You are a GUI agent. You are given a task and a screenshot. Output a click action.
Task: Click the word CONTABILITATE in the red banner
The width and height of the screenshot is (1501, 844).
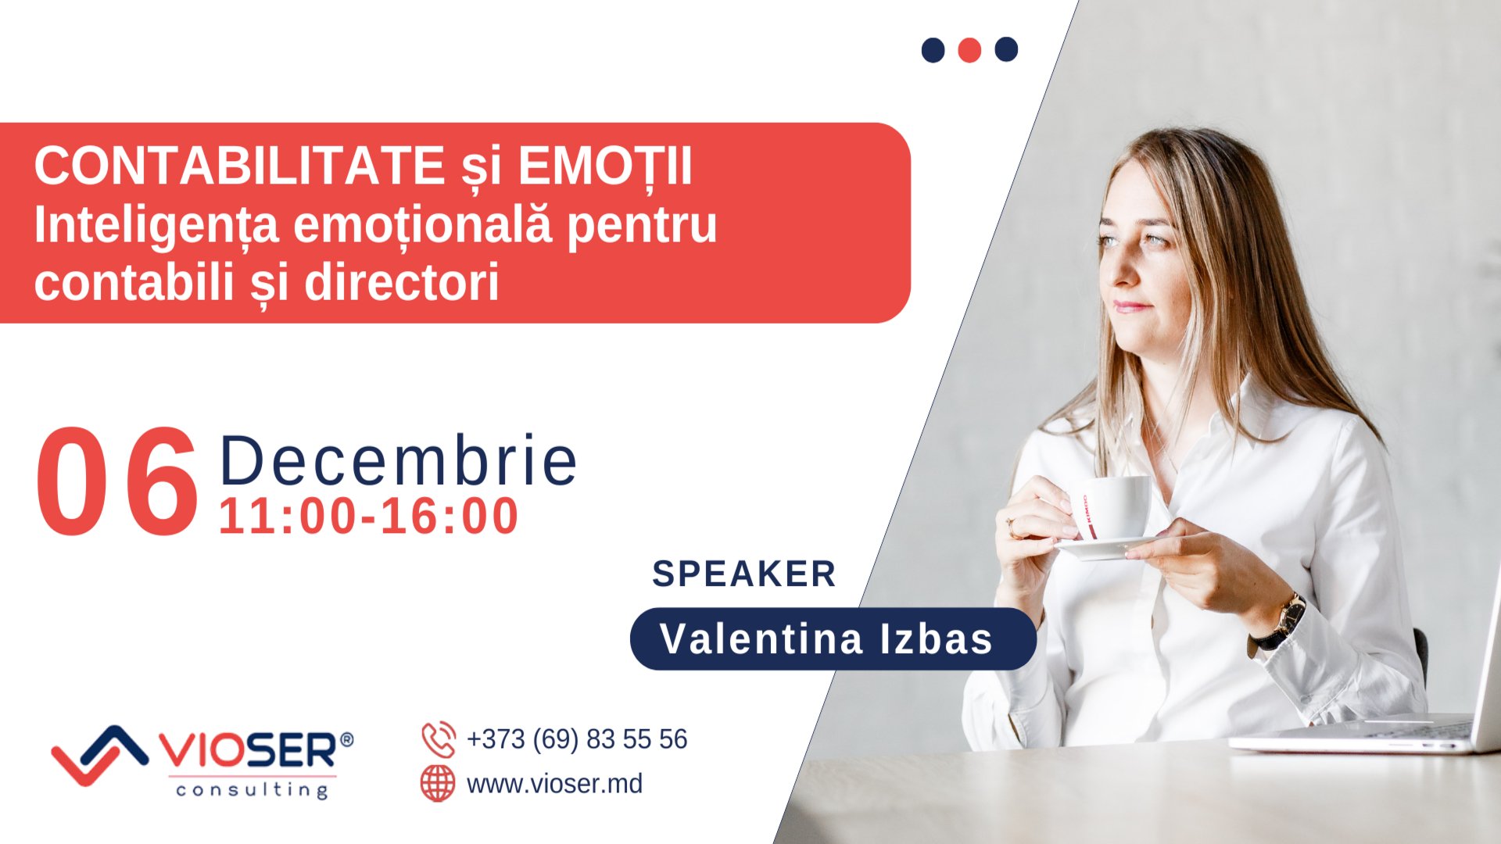pyautogui.click(x=239, y=166)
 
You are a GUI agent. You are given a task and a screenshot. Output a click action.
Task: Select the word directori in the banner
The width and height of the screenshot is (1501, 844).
pyautogui.click(x=401, y=282)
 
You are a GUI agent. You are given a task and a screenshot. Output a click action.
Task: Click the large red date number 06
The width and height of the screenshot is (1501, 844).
pyautogui.click(x=117, y=482)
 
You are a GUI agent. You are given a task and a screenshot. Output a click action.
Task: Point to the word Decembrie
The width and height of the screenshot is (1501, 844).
pyautogui.click(x=399, y=461)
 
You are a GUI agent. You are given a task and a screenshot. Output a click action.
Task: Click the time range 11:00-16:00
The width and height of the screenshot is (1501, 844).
pyautogui.click(x=368, y=517)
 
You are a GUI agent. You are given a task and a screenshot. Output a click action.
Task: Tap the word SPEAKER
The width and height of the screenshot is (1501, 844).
pyautogui.click(x=744, y=574)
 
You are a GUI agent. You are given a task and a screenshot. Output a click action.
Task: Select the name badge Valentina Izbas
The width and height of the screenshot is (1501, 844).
pyautogui.click(x=833, y=638)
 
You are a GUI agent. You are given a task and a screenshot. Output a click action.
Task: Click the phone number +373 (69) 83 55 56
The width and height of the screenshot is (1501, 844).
pyautogui.click(x=577, y=739)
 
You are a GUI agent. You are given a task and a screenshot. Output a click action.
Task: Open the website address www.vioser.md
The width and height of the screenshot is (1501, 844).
pyautogui.click(x=554, y=783)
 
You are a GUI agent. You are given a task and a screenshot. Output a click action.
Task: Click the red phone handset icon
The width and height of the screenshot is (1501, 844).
pyautogui.click(x=439, y=739)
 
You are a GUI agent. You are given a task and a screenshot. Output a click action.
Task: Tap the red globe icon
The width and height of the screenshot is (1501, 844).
pyautogui.click(x=438, y=783)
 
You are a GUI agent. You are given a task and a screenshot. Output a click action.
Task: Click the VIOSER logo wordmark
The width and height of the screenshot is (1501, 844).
pyautogui.click(x=249, y=750)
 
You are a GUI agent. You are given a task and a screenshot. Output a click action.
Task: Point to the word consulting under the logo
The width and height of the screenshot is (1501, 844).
pyautogui.click(x=252, y=789)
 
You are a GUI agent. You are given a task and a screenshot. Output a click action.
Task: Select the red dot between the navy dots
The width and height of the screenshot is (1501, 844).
pyautogui.click(x=969, y=50)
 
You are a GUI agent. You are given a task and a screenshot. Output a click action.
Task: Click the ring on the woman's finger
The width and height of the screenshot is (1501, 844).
pyautogui.click(x=1012, y=527)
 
